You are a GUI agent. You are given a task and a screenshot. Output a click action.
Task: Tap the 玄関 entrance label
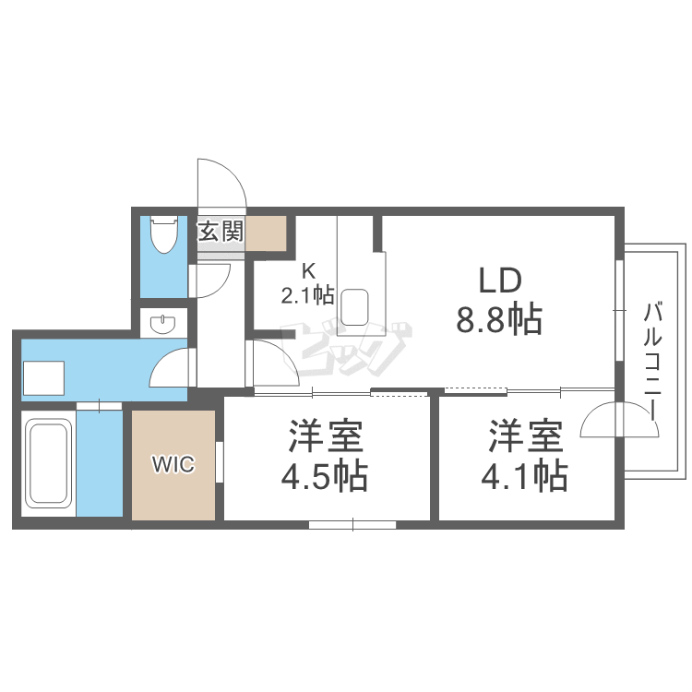(221, 231)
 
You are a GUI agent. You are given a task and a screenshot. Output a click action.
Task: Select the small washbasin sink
(163, 323)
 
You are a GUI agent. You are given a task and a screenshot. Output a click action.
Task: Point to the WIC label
(174, 465)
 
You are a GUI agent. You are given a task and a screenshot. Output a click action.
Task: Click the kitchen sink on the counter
(355, 306)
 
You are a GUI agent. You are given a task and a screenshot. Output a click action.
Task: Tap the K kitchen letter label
(309, 271)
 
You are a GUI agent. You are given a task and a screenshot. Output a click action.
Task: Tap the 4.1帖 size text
(523, 476)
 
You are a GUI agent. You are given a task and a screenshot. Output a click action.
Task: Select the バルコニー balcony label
(654, 360)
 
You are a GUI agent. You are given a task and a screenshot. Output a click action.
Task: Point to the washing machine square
(43, 377)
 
